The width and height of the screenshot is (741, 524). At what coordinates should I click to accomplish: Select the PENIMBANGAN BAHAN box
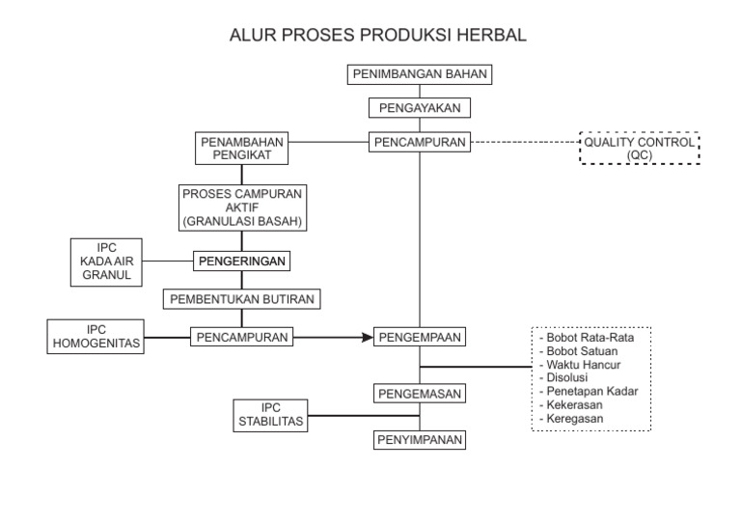[420, 74]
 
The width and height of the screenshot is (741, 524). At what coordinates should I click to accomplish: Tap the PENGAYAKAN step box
[420, 108]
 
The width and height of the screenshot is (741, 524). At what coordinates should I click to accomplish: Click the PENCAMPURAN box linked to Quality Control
[420, 142]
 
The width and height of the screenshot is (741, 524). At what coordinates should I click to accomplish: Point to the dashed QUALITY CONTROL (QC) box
[639, 148]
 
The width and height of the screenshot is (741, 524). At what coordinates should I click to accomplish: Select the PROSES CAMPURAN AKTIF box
[242, 207]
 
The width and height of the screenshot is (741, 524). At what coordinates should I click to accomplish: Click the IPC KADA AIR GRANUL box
[107, 261]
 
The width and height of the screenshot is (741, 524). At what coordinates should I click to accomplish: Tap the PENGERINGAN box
[242, 261]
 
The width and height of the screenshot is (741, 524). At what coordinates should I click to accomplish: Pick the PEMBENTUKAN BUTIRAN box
[242, 298]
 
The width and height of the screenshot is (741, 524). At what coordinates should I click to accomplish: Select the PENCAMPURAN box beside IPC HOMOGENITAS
[242, 337]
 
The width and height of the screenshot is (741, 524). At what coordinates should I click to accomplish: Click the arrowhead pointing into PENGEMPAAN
[367, 337]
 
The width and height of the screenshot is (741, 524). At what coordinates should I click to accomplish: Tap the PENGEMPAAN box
[420, 337]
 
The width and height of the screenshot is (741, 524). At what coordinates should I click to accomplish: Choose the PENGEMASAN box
[420, 393]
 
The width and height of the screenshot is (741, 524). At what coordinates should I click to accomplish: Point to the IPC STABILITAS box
[271, 415]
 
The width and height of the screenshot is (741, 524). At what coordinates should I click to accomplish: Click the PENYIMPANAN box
[420, 440]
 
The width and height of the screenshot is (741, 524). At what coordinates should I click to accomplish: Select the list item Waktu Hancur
[584, 366]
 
